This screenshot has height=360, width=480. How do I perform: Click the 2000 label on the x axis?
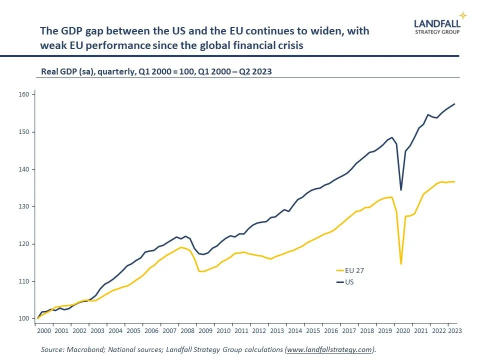tap(43, 330)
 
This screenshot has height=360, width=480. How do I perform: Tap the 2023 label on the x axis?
tap(454, 330)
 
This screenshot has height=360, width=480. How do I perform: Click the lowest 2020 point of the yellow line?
tap(401, 264)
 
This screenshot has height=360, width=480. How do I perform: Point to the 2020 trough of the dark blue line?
tap(401, 190)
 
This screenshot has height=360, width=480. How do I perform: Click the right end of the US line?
tap(454, 104)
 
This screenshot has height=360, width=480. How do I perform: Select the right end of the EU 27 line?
tap(454, 181)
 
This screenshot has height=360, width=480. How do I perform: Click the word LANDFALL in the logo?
tap(437, 22)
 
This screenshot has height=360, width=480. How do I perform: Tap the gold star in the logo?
tap(463, 15)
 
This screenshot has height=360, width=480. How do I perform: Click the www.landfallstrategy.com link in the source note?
tap(329, 350)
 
